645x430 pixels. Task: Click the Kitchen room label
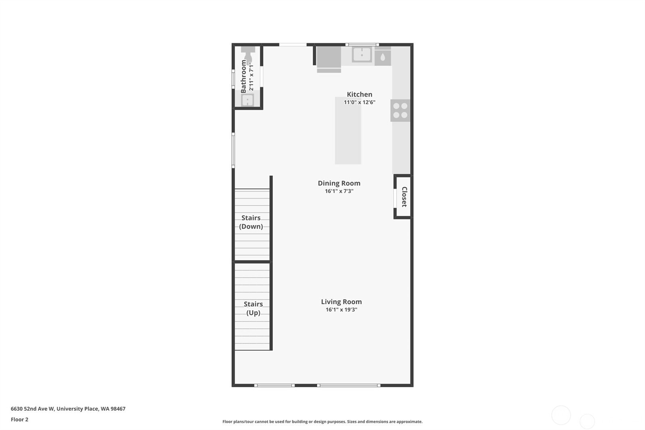point(359,94)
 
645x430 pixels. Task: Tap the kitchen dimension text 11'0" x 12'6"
point(359,102)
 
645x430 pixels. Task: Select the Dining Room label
point(339,183)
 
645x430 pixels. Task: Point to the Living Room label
point(341,302)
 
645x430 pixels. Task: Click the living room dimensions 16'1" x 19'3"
point(341,310)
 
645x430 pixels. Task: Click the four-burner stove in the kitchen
point(400,111)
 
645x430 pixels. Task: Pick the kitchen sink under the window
point(362,54)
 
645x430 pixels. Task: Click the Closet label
point(404,197)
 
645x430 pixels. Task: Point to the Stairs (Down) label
point(251,222)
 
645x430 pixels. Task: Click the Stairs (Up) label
point(253,308)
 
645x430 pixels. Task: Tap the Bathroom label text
point(243,77)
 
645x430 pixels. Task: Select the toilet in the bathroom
point(248,53)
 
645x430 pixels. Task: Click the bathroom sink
point(247,100)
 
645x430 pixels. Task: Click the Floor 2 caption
point(19,420)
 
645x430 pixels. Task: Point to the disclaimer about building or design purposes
point(322,422)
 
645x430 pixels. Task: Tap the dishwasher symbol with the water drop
point(383,57)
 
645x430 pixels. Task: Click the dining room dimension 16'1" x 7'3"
point(339,191)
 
